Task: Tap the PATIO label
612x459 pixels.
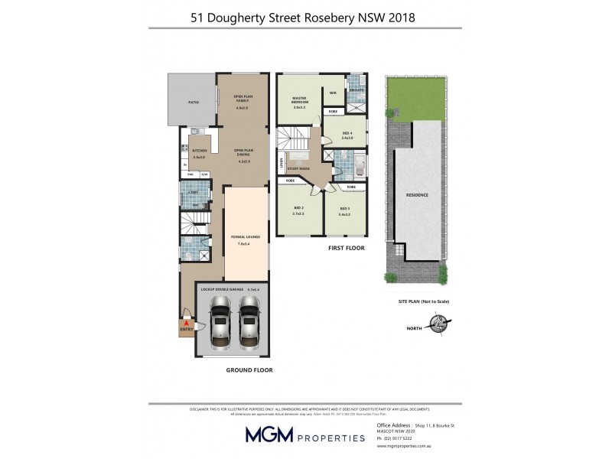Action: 194,101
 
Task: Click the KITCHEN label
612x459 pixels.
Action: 200,150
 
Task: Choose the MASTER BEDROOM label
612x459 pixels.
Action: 299,101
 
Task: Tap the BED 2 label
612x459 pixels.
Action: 298,208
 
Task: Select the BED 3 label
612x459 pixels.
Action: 344,208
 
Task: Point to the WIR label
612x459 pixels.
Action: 333,92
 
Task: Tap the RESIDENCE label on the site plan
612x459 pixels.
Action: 417,195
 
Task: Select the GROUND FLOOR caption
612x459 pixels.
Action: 249,369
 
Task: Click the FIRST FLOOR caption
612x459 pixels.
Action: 347,249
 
